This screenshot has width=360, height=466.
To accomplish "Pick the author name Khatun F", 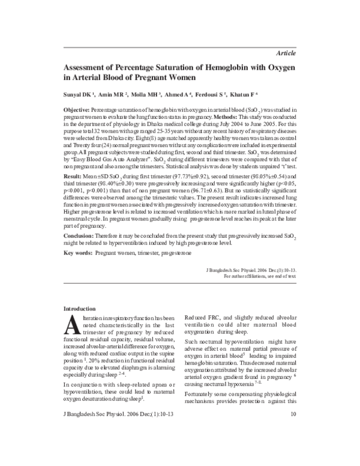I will (x=244, y=95).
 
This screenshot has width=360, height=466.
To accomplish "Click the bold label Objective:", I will (x=77, y=112).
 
